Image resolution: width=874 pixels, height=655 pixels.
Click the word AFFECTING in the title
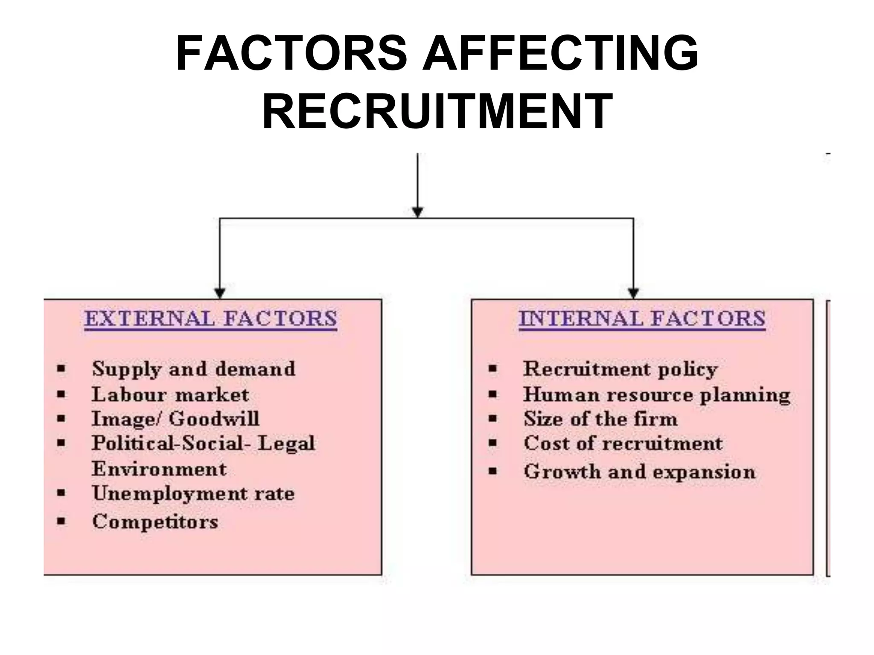pos(560,54)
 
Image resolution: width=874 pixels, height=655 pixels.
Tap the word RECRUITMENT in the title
pos(437,111)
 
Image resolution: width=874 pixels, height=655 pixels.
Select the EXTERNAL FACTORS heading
pos(211,319)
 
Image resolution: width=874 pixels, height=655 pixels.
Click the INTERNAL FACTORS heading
pos(642,319)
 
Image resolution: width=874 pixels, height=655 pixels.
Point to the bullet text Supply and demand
pos(193,369)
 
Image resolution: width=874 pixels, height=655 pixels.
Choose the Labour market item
pos(170,394)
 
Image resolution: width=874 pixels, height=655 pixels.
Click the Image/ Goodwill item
pos(175,419)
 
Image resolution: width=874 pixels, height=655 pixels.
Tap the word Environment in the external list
pos(159,469)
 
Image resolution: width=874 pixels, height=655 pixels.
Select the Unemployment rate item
pos(193,494)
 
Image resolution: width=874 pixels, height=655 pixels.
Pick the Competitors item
pos(155,522)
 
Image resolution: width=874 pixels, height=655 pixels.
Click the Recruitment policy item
pos(620,369)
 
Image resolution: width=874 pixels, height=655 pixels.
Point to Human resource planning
pos(657,394)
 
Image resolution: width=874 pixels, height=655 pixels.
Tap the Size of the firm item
pos(600,419)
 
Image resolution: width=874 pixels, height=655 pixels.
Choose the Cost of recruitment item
pos(623,443)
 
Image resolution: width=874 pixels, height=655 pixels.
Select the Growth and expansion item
pos(640,472)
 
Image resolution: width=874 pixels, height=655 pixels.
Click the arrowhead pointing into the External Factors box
pos(219,293)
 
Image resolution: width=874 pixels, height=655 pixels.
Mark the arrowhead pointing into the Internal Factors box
pos(633,293)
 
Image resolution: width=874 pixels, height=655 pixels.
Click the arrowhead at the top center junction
pos(417,212)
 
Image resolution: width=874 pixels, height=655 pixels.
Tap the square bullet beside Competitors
pos(62,521)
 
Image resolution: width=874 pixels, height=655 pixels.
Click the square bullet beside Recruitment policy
pos(493,368)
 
